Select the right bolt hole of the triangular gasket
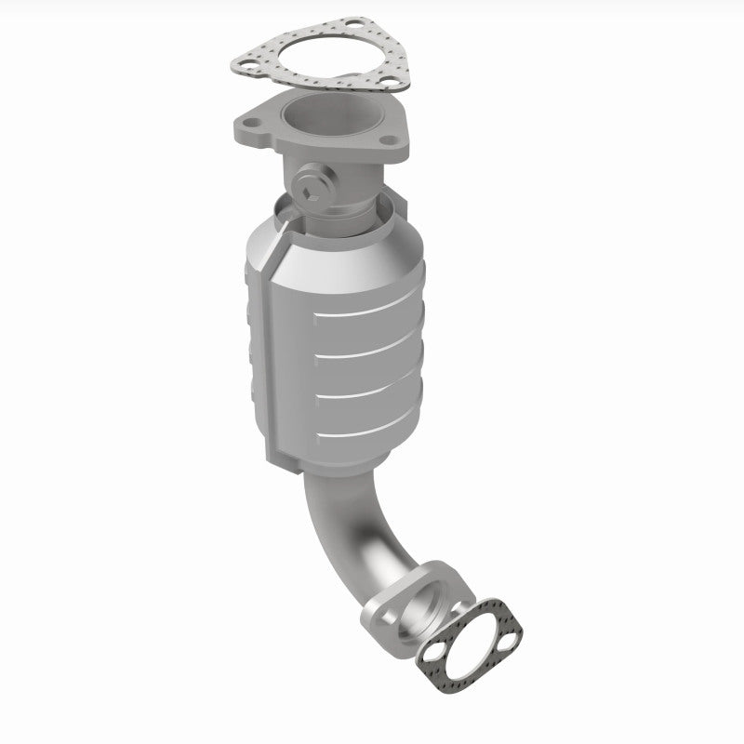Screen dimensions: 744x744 [x=384, y=85]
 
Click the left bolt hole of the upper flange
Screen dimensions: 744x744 [x=252, y=121]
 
